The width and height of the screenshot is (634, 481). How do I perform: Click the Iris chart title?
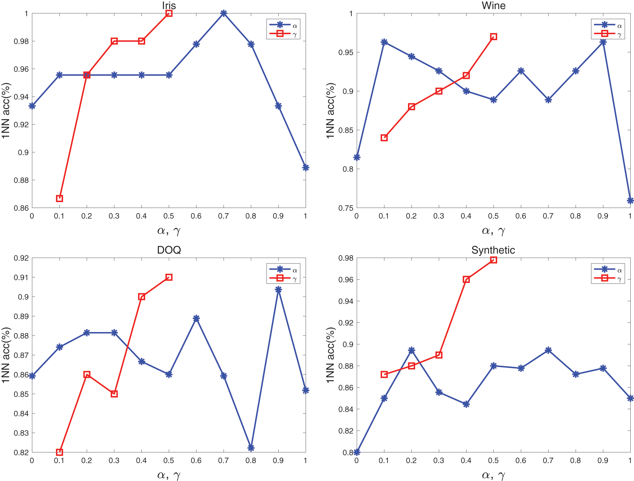point(169,5)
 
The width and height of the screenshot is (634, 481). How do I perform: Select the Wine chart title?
point(494,5)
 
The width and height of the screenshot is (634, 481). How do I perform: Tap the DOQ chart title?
point(169,250)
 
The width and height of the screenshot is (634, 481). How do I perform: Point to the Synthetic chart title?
point(493,250)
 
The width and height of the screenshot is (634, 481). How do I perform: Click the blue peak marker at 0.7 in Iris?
point(224,13)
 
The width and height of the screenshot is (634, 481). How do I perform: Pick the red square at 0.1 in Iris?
point(59,198)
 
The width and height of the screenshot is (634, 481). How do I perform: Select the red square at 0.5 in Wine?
point(494,37)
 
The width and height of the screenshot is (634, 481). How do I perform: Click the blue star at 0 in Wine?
point(357,157)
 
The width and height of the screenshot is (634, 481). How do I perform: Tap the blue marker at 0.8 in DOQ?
point(251,448)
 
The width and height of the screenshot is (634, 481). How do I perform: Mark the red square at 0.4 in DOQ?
point(141,297)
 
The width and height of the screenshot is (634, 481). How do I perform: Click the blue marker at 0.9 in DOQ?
point(278,290)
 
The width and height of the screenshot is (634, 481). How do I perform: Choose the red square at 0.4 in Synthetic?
point(466,280)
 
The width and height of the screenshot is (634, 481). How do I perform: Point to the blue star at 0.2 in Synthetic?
point(411,350)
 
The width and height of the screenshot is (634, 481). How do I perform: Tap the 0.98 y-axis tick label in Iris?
point(21,41)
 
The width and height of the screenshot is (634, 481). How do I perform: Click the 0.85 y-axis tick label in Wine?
point(346,130)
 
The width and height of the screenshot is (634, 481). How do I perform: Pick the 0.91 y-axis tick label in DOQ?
point(21,278)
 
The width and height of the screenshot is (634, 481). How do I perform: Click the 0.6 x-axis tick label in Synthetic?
point(521,460)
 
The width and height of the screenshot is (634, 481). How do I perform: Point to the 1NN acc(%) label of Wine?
point(330,110)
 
